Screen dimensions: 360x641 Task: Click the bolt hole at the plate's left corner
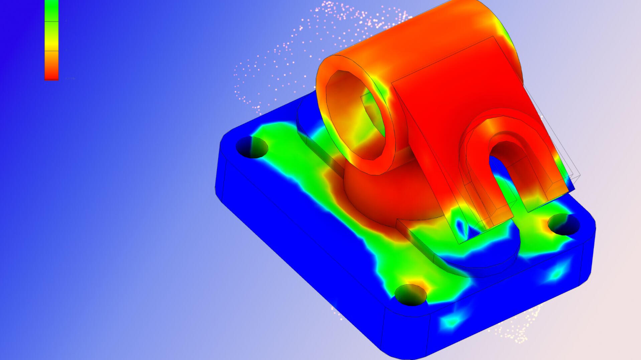pos(252,147)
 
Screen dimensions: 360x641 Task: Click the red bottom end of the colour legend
pos(51,75)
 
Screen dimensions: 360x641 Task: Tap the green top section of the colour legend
pos(51,10)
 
